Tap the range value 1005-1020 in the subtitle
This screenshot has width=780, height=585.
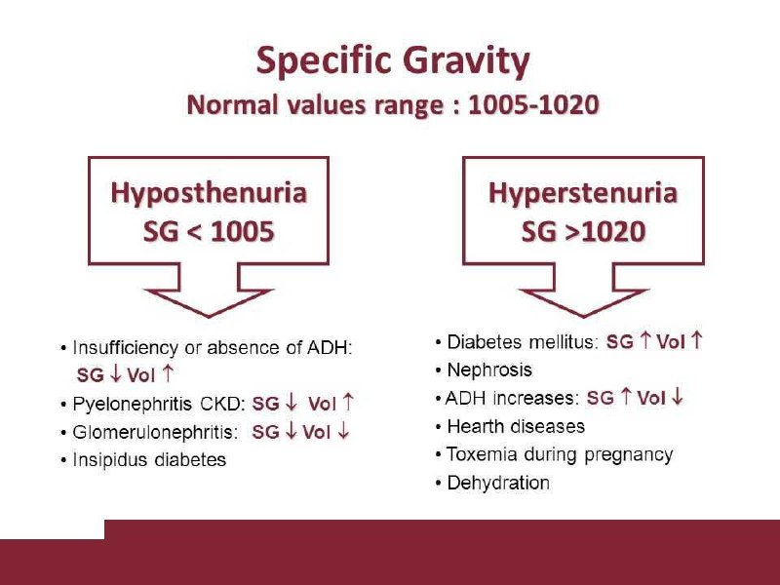tap(533, 105)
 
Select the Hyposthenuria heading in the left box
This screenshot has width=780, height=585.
tap(209, 193)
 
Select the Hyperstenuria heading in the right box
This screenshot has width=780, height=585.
tap(582, 193)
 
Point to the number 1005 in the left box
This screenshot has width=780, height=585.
tap(242, 232)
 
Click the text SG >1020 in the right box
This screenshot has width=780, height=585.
tap(583, 232)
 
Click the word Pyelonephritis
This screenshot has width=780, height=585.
tap(132, 404)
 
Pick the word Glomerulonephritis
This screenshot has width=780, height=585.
tap(152, 432)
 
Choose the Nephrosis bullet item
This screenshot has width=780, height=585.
tap(489, 370)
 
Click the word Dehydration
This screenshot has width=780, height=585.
tap(498, 483)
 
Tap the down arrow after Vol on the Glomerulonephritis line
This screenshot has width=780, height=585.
tap(343, 431)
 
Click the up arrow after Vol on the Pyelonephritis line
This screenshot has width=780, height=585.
tap(349, 402)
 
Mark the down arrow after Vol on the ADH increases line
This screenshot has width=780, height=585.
tap(677, 397)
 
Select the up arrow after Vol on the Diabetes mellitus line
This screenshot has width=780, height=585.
tap(697, 340)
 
